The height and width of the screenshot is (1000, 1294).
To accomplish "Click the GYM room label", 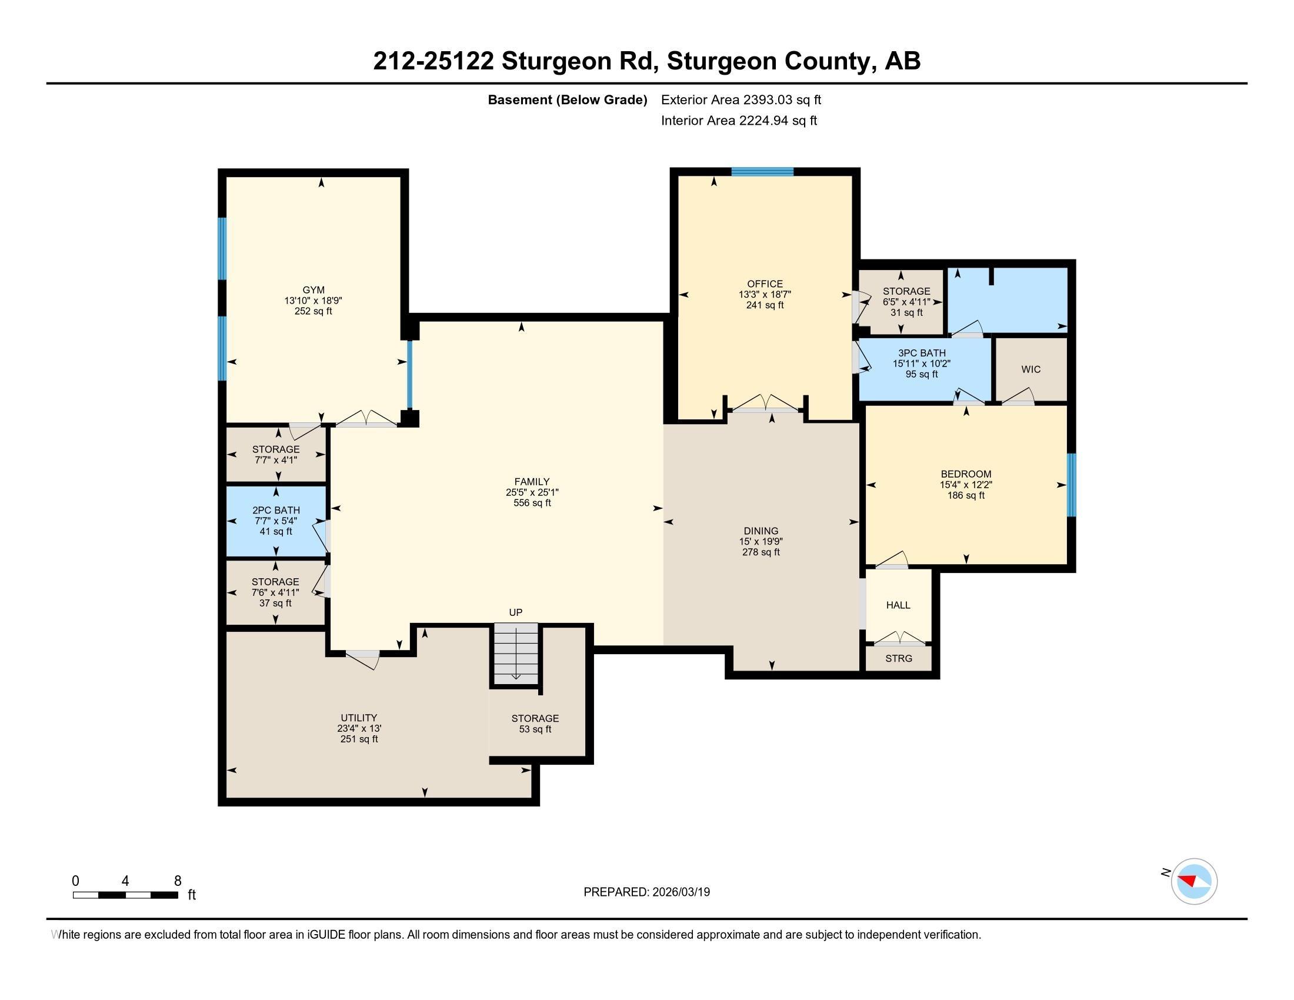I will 313,289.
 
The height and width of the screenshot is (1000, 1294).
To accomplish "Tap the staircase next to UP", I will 516,652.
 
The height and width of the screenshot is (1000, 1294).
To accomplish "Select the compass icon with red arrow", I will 1193,881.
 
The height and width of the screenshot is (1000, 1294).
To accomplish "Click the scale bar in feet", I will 125,895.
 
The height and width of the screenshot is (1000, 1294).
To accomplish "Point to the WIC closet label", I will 1030,369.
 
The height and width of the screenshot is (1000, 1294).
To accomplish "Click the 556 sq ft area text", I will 532,503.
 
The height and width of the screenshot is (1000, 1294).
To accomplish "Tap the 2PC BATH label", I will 275,510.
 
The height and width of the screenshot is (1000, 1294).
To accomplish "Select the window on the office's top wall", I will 762,172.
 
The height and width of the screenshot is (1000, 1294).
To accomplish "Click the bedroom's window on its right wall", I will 1071,485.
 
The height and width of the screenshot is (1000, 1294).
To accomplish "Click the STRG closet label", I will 898,658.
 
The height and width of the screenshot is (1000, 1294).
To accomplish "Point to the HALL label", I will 898,605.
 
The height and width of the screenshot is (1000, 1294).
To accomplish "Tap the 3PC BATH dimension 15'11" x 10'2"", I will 921,363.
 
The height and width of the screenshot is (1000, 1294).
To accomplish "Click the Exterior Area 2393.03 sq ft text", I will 741,99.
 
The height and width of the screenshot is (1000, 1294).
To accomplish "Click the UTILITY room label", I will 358,718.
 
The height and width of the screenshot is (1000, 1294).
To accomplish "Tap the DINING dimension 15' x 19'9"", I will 761,541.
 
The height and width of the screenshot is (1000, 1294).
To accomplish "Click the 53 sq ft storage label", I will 535,729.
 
